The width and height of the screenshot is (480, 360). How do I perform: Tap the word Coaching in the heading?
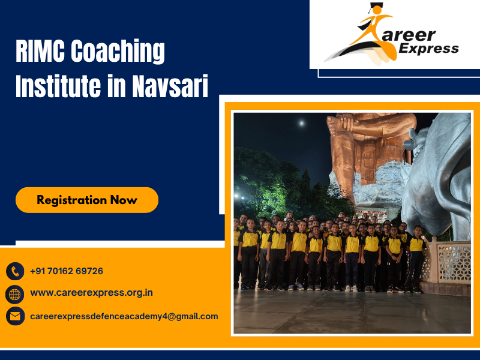pos(118,53)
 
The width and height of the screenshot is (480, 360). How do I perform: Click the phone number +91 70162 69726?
pos(67,271)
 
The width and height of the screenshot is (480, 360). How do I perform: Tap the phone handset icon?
pos(15,271)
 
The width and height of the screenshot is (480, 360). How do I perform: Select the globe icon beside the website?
pos(15,294)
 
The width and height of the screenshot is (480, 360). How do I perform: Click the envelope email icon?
pos(15,316)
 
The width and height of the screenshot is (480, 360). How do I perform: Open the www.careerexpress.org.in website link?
pos(91,293)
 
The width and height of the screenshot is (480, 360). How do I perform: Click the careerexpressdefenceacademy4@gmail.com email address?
pos(124,316)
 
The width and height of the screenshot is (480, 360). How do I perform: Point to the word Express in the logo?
pos(429,49)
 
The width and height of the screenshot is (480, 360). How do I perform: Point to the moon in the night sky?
pos(301,124)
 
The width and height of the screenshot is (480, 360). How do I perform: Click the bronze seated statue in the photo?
pos(369,150)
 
